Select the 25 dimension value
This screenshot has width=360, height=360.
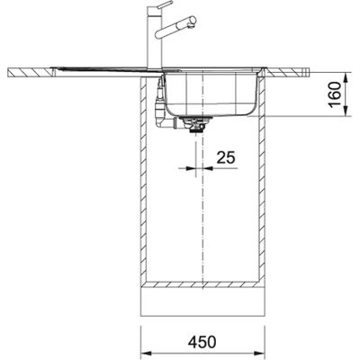(225, 158)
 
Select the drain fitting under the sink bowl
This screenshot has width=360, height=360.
(192, 126)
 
